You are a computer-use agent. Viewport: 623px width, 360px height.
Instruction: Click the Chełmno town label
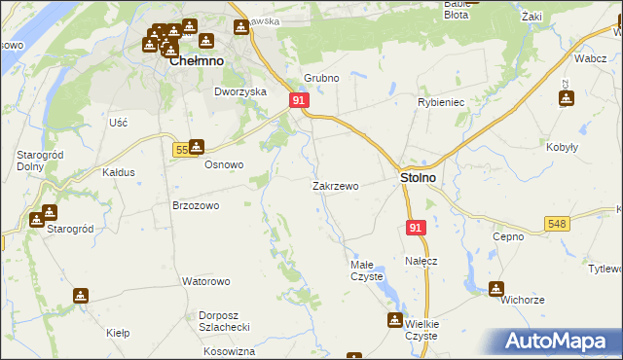197,60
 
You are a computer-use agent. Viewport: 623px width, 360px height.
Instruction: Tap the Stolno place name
418,179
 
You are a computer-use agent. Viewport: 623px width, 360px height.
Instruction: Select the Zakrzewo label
336,186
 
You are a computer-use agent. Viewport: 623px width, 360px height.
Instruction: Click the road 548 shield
557,225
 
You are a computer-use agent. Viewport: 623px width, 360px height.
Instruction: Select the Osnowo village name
223,164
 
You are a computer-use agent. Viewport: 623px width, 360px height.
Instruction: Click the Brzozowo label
195,205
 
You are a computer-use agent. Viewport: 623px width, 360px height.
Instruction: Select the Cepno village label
508,236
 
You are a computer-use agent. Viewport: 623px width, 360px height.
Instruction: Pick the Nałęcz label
421,262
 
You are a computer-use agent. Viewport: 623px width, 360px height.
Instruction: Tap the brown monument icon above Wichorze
496,287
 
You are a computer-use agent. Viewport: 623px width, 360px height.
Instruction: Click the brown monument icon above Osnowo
197,147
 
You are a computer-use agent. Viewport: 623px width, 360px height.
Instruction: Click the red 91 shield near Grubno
299,101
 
